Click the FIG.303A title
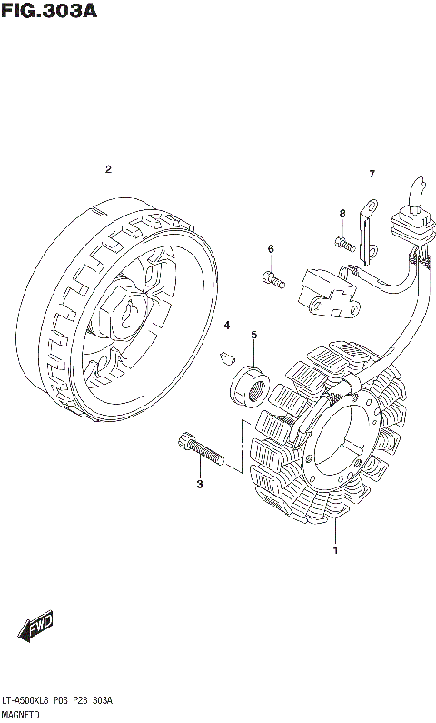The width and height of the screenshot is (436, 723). point(49,10)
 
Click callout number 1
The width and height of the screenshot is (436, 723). point(336,550)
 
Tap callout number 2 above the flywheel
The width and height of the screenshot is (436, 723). point(108,169)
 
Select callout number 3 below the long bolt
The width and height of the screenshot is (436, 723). point(199,484)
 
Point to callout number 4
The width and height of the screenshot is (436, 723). point(226,326)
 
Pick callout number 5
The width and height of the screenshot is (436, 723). point(254,335)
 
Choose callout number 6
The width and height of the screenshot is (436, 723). point(271,249)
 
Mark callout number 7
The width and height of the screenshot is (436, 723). point(372,174)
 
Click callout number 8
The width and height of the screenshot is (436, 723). point(342,213)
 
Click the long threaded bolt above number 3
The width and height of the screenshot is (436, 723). point(201,448)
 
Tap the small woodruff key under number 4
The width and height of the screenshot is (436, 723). point(226,356)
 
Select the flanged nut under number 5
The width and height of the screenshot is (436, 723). point(250,386)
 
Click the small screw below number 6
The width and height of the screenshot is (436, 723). point(273,279)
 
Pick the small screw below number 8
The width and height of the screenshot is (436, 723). point(345,244)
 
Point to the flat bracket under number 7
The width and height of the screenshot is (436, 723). point(368,234)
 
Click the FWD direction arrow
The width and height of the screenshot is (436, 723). point(35,627)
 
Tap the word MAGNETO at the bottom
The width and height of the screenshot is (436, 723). point(21,715)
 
